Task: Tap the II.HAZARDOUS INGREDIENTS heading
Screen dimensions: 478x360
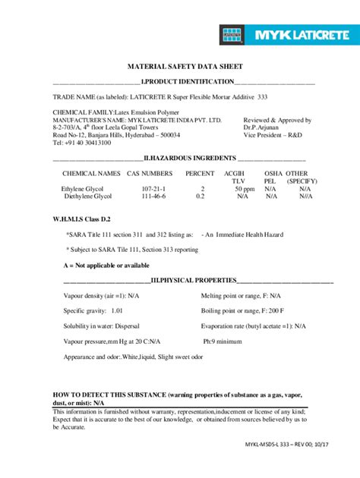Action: (x=191, y=159)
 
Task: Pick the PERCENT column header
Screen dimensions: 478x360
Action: (x=201, y=174)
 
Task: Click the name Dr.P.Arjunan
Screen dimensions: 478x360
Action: (x=264, y=127)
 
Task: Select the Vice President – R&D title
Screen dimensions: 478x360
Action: (x=275, y=135)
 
